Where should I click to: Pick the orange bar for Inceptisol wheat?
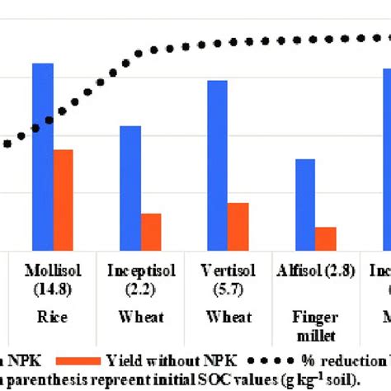[x=151, y=231]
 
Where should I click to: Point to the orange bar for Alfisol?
[x=326, y=238]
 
